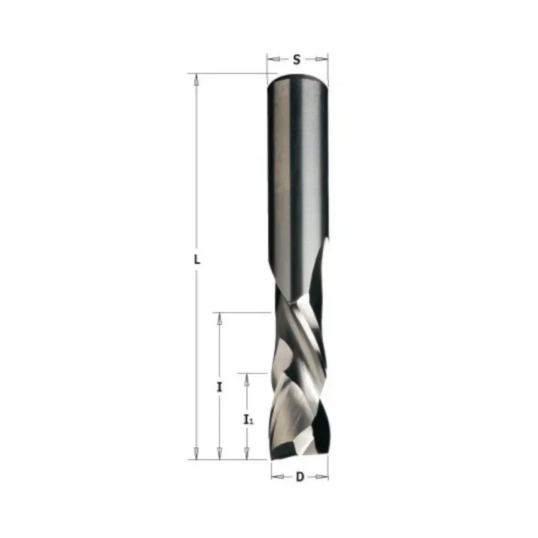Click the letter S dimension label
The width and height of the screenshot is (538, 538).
click(297, 60)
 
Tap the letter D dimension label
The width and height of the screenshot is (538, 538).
click(300, 477)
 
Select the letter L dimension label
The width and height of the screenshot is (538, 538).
click(196, 260)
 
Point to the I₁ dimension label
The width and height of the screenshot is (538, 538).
click(248, 419)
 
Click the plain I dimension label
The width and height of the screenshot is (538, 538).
click(220, 387)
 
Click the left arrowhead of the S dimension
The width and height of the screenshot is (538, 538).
click(273, 59)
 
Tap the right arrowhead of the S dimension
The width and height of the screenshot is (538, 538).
click(322, 59)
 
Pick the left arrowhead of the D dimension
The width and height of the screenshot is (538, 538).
click(278, 477)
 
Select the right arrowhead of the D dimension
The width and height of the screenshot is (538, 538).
click(322, 477)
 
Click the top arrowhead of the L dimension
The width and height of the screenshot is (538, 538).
click(196, 79)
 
